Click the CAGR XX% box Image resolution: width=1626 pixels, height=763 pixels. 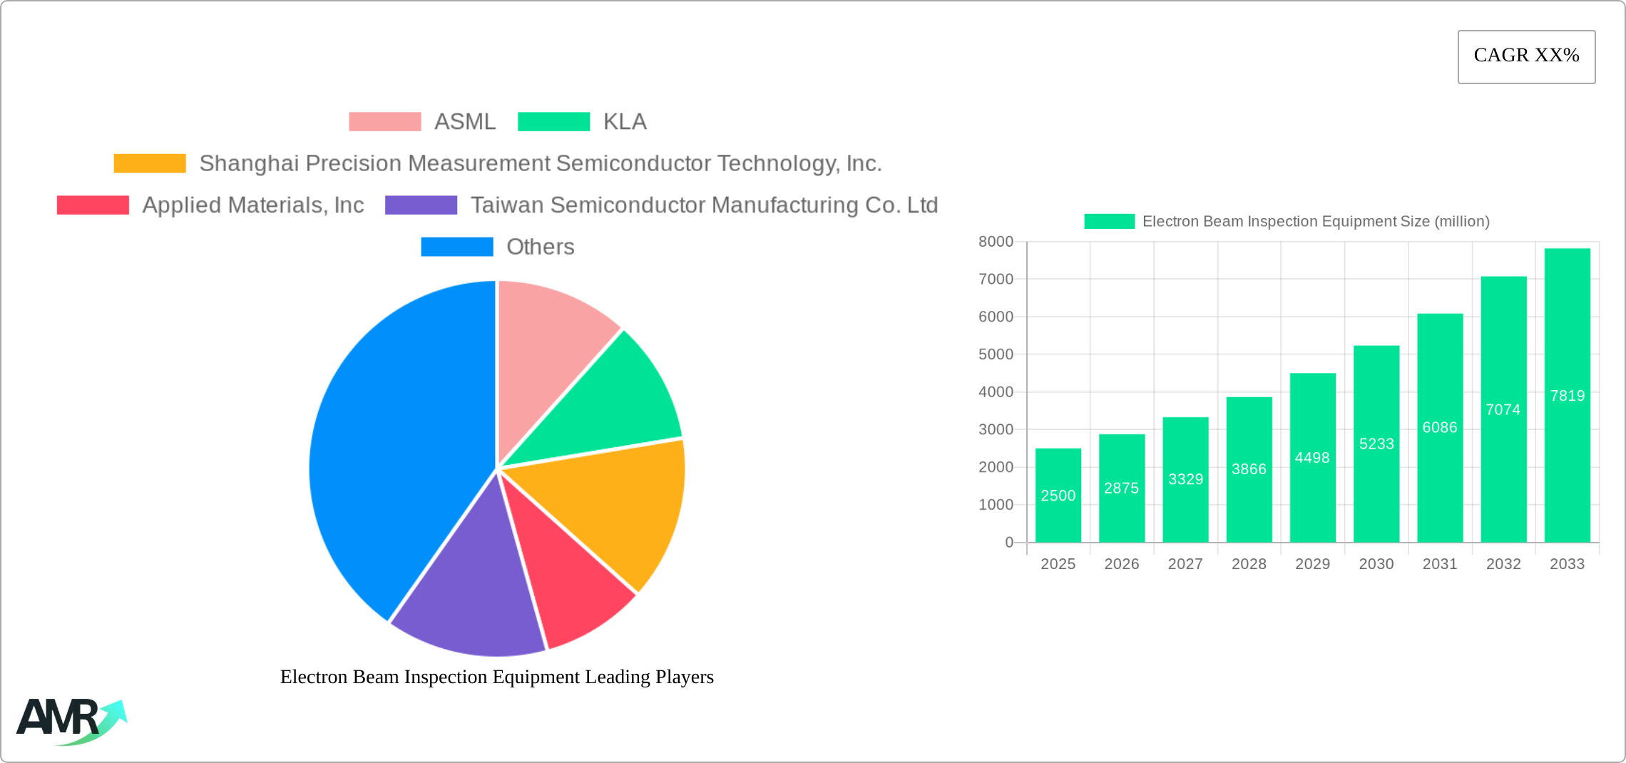[1526, 56]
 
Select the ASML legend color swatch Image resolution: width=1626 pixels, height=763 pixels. [384, 122]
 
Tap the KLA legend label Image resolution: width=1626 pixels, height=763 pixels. [625, 122]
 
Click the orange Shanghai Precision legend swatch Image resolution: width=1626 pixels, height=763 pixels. [150, 163]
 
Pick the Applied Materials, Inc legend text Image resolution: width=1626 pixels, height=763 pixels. [253, 205]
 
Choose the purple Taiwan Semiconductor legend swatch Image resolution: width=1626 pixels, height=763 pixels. [421, 205]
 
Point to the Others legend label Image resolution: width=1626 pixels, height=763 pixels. [540, 247]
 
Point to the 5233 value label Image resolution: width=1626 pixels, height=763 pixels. [1376, 444]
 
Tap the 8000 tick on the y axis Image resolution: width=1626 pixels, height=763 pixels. [996, 242]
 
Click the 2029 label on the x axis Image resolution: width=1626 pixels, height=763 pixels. [1312, 564]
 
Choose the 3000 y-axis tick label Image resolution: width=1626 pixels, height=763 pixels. [996, 429]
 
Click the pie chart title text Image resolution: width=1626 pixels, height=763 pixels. [496, 677]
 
